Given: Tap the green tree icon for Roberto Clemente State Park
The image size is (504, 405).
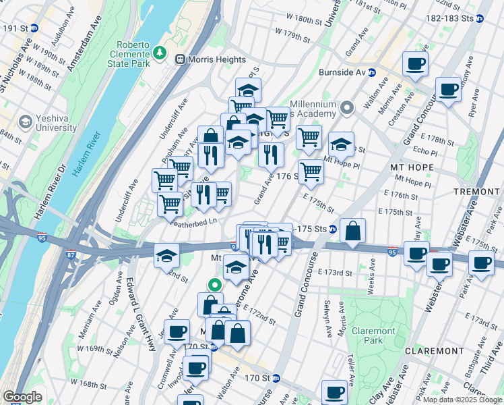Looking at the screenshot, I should [x=160, y=51].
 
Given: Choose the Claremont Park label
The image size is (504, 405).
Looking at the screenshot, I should [x=373, y=337].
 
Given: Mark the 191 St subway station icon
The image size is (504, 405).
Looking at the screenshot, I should [x=34, y=28].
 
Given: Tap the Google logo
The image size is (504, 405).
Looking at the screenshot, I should [x=22, y=397].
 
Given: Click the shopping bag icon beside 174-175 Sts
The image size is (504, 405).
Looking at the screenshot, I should [x=352, y=231].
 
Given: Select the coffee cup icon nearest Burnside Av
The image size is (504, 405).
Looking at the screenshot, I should [x=415, y=65].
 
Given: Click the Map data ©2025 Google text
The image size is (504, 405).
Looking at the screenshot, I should [x=461, y=400].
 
